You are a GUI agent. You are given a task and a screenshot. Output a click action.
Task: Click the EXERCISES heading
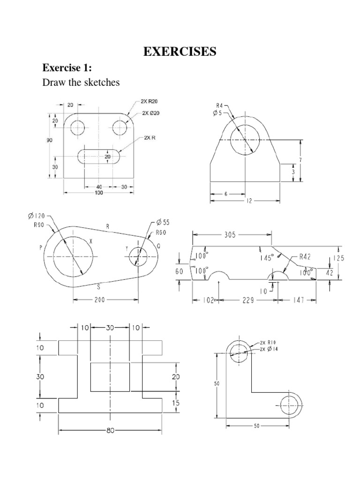(x=180, y=52)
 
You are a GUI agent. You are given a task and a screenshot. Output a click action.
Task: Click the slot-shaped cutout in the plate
(x=98, y=156)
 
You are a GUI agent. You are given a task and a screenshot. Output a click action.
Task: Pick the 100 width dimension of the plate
(x=98, y=193)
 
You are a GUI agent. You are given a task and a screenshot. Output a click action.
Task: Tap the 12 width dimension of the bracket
(x=249, y=201)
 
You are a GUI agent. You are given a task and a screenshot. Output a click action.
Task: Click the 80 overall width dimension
(x=111, y=431)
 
